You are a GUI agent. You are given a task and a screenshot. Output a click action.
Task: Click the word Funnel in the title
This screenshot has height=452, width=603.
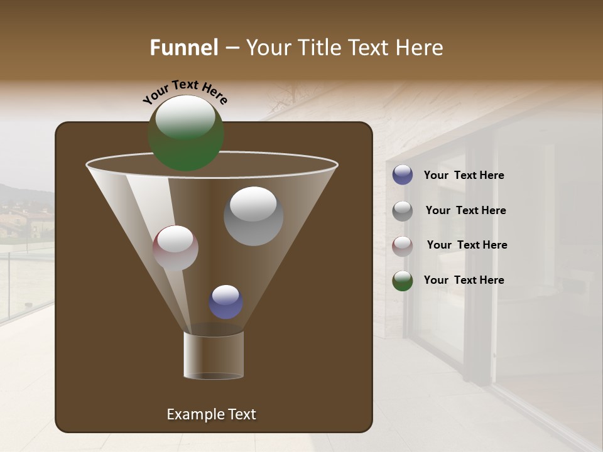coord(184,48)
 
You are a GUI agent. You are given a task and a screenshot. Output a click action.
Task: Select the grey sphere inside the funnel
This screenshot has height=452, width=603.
coord(253,217)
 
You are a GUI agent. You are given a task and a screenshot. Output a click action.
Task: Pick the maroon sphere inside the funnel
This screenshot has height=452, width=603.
coord(175,249)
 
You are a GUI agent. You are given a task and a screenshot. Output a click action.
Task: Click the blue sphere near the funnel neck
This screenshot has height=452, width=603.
coord(226,302)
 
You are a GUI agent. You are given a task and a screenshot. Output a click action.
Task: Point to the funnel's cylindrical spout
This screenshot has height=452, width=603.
coord(214,355)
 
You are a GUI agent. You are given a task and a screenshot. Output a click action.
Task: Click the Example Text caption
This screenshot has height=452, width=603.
coord(211,414)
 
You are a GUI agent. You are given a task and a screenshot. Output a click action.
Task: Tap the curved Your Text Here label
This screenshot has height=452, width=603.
coord(185,92)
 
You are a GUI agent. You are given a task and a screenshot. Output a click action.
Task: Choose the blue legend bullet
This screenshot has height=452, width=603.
coord(403,175)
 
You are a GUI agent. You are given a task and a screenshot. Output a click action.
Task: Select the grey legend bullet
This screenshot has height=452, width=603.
coord(403,211)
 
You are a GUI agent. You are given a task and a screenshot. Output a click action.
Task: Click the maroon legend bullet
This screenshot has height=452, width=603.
coord(403,246)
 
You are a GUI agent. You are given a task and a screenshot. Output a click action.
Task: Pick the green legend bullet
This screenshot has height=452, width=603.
coord(403,281)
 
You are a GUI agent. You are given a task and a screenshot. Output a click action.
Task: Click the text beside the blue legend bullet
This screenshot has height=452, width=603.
coord(464,176)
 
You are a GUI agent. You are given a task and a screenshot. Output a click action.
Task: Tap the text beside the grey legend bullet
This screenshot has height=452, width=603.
coord(465,211)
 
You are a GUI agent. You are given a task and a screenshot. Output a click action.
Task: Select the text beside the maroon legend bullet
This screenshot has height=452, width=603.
coord(467,245)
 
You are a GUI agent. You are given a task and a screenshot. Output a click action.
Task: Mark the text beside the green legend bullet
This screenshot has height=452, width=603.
coord(464,281)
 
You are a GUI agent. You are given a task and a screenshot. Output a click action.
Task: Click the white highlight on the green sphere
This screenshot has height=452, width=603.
coord(185,117)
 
